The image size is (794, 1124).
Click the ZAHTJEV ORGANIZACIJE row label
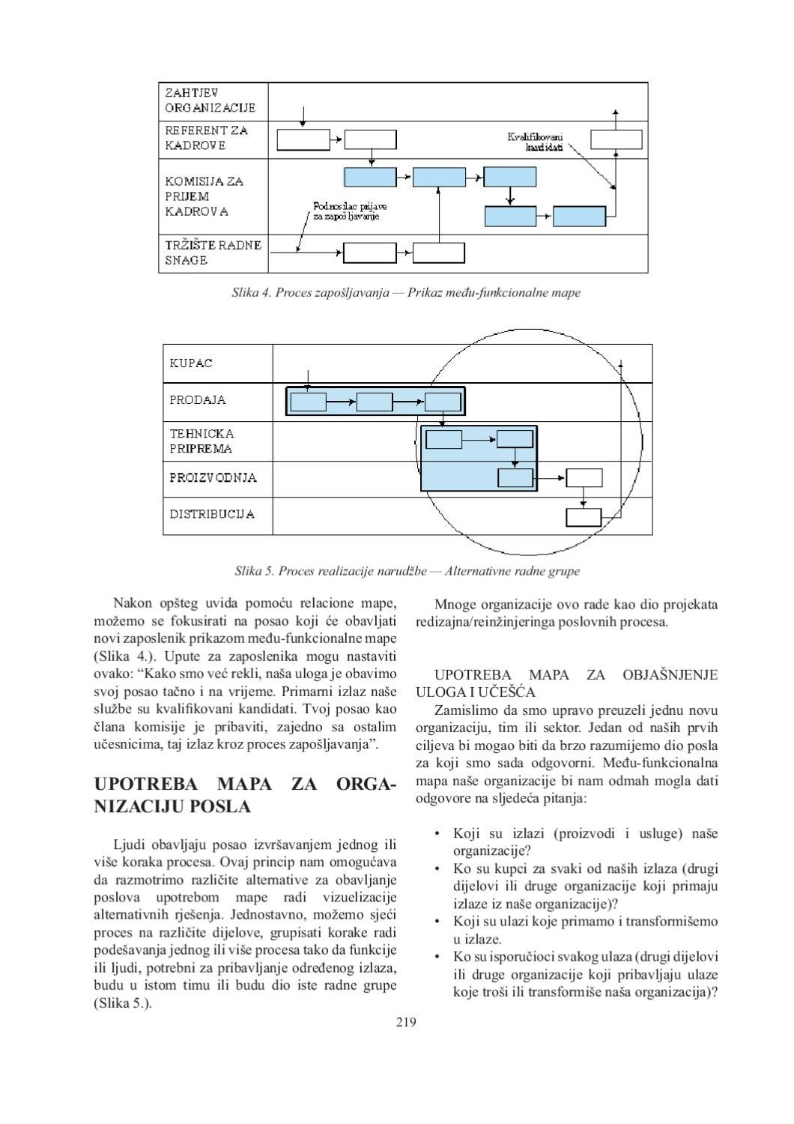click(210, 100)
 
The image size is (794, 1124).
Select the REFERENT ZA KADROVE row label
click(206, 138)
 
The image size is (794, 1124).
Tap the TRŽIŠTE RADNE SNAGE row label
click(213, 253)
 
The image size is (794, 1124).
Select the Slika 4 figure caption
click(406, 293)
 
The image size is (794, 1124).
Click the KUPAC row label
click(191, 363)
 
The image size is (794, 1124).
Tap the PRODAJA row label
click(197, 400)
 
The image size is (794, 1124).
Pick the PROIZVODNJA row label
click(213, 477)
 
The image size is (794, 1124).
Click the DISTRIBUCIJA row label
click(211, 514)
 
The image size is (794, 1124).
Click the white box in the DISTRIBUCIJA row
click(583, 518)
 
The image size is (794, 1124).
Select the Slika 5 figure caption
click(407, 571)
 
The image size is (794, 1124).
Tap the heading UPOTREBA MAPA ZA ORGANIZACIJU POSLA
click(245, 796)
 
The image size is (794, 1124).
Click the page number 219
click(406, 1021)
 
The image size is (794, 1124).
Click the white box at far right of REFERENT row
click(616, 139)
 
